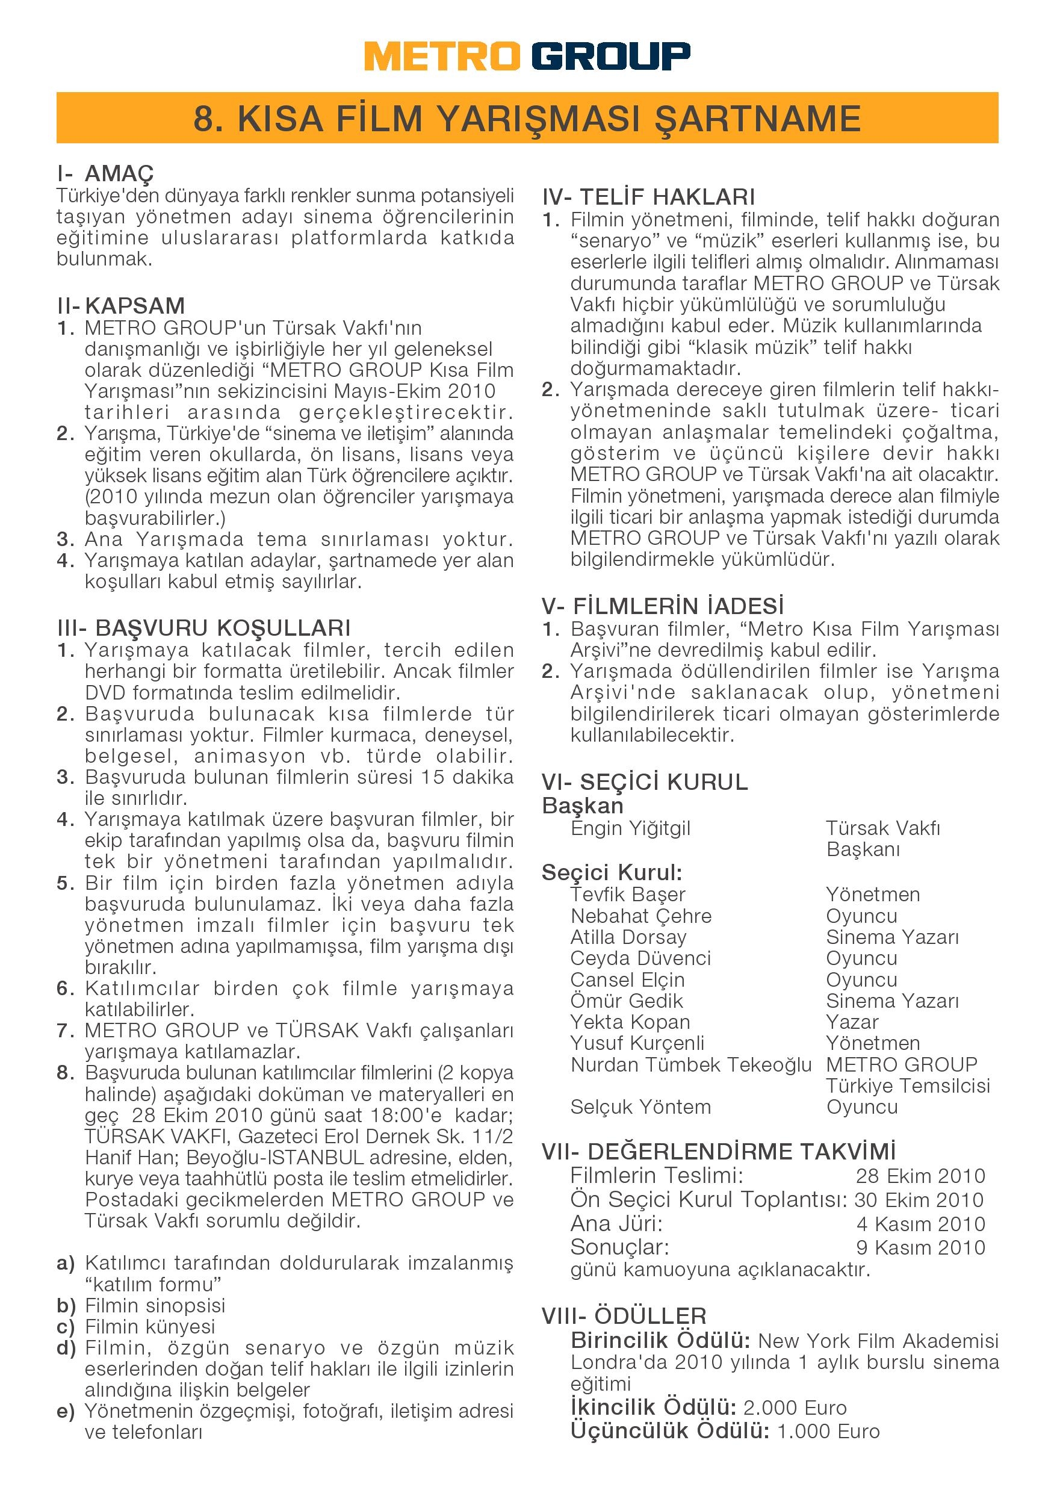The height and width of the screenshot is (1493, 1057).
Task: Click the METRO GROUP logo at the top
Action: [527, 57]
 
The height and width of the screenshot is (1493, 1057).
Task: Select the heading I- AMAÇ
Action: [105, 174]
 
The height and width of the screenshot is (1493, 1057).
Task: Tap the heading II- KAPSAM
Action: [121, 306]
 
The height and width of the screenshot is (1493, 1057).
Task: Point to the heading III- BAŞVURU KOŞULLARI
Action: [203, 628]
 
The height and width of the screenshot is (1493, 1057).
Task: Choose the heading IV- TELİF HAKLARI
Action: [648, 197]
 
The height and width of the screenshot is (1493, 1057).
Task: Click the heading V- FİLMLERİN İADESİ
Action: [663, 607]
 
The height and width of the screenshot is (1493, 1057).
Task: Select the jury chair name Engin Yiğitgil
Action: [630, 828]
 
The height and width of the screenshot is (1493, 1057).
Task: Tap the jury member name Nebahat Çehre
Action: [640, 916]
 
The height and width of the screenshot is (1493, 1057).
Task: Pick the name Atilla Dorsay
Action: [628, 937]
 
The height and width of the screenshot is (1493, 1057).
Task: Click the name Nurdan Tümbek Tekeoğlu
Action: [690, 1065]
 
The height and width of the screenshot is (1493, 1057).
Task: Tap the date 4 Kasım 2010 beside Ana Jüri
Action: [920, 1225]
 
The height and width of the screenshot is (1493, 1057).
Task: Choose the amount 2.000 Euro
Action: [795, 1408]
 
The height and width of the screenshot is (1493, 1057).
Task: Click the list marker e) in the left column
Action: [66, 1411]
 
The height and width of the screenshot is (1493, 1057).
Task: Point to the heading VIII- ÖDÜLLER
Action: [624, 1317]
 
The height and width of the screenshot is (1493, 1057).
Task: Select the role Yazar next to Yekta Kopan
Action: [852, 1022]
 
